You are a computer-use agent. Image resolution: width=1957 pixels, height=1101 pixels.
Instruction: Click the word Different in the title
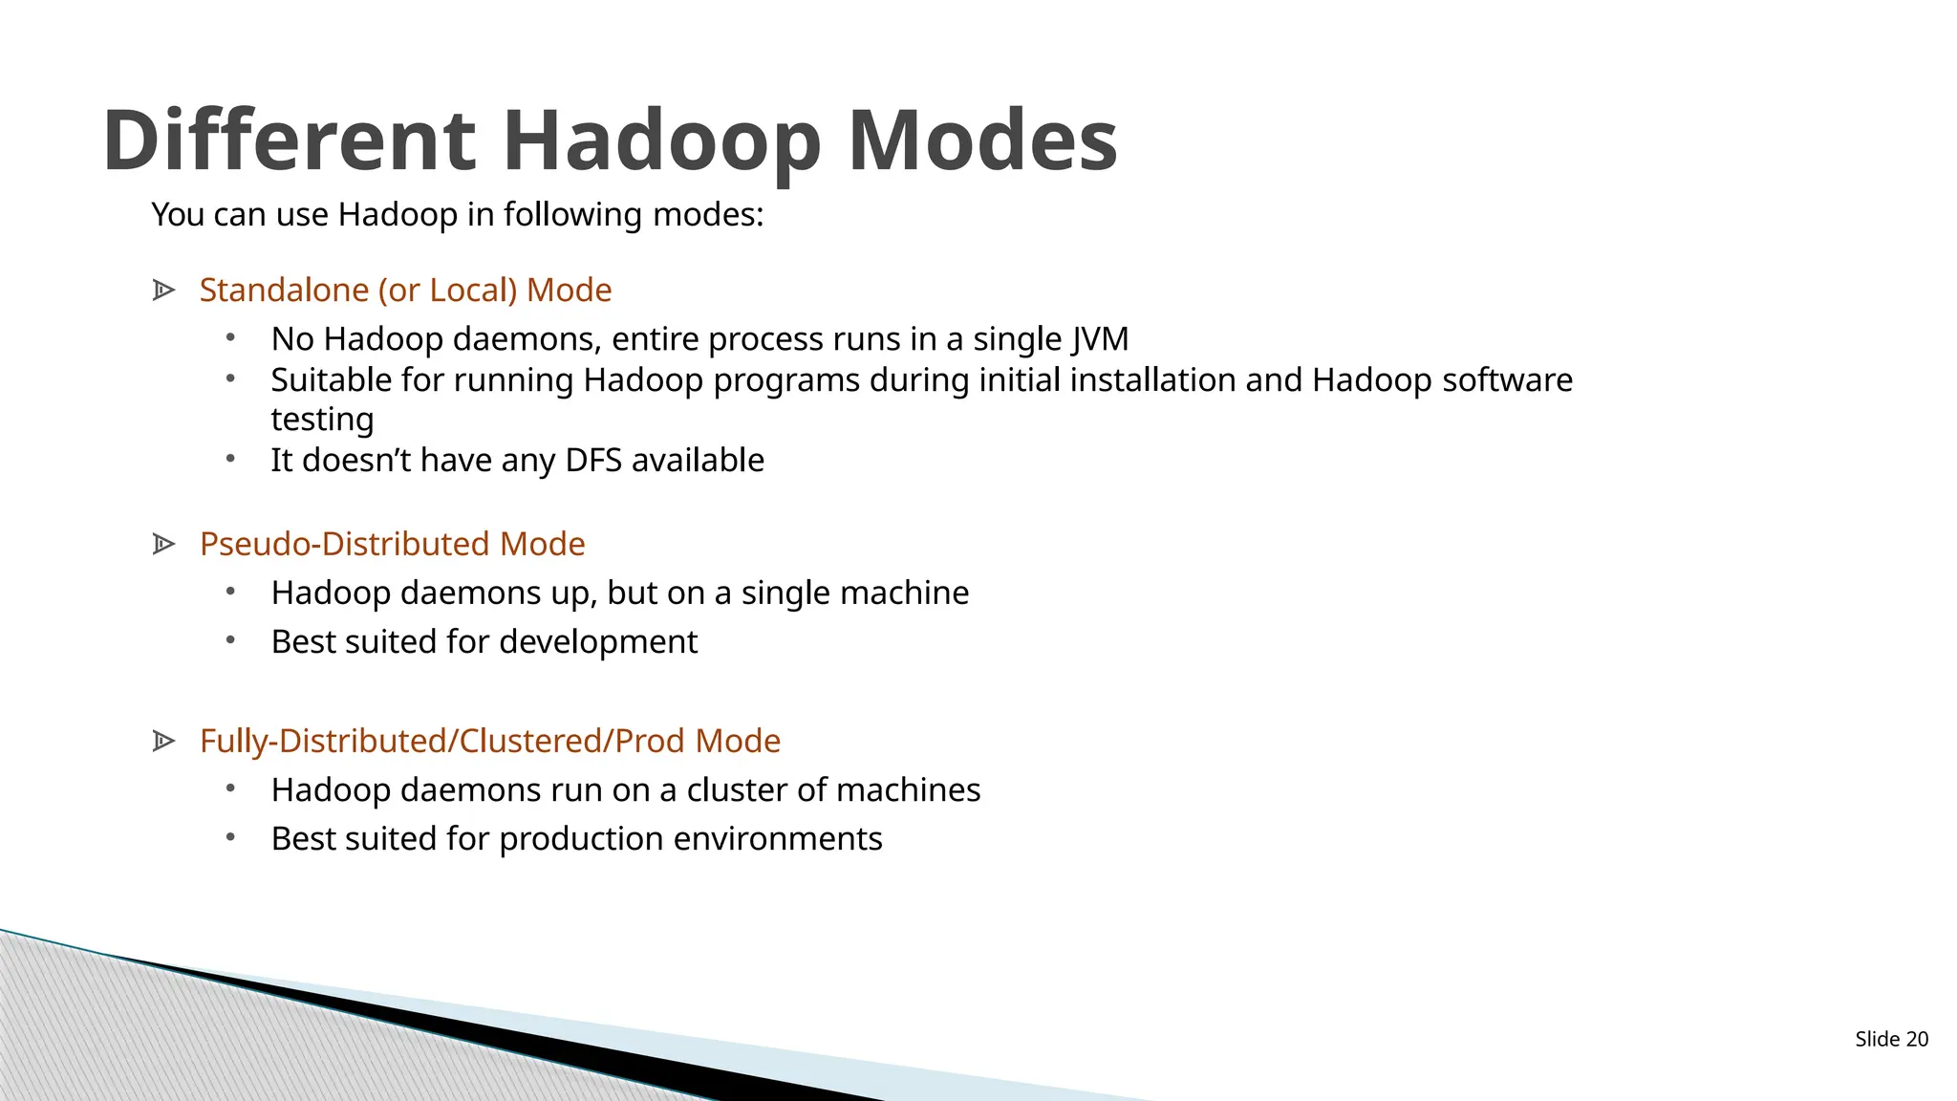tap(289, 140)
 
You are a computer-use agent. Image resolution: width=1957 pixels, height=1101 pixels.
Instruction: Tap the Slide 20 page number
tap(1891, 1039)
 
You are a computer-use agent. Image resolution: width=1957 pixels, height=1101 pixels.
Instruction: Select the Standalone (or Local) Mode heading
tap(405, 290)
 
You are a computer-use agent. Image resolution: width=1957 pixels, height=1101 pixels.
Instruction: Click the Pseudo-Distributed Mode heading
tap(392, 544)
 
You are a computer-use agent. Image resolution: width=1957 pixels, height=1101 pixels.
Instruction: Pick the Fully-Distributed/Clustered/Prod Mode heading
tap(489, 741)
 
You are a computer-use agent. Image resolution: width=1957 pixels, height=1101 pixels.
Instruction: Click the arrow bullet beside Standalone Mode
tap(163, 290)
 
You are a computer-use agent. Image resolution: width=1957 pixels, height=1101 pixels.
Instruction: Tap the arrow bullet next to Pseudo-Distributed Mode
tap(163, 544)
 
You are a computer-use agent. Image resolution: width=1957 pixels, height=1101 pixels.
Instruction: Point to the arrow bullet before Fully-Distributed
tap(163, 741)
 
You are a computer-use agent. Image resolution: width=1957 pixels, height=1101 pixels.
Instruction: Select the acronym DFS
tap(593, 461)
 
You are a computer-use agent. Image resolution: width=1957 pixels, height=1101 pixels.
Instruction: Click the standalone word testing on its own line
tap(322, 420)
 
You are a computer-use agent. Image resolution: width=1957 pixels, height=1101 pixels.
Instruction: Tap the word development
tap(598, 641)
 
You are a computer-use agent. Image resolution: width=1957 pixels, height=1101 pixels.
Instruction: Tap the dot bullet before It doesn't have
tap(230, 460)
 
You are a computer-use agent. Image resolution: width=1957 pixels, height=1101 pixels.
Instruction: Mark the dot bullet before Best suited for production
tap(230, 837)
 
